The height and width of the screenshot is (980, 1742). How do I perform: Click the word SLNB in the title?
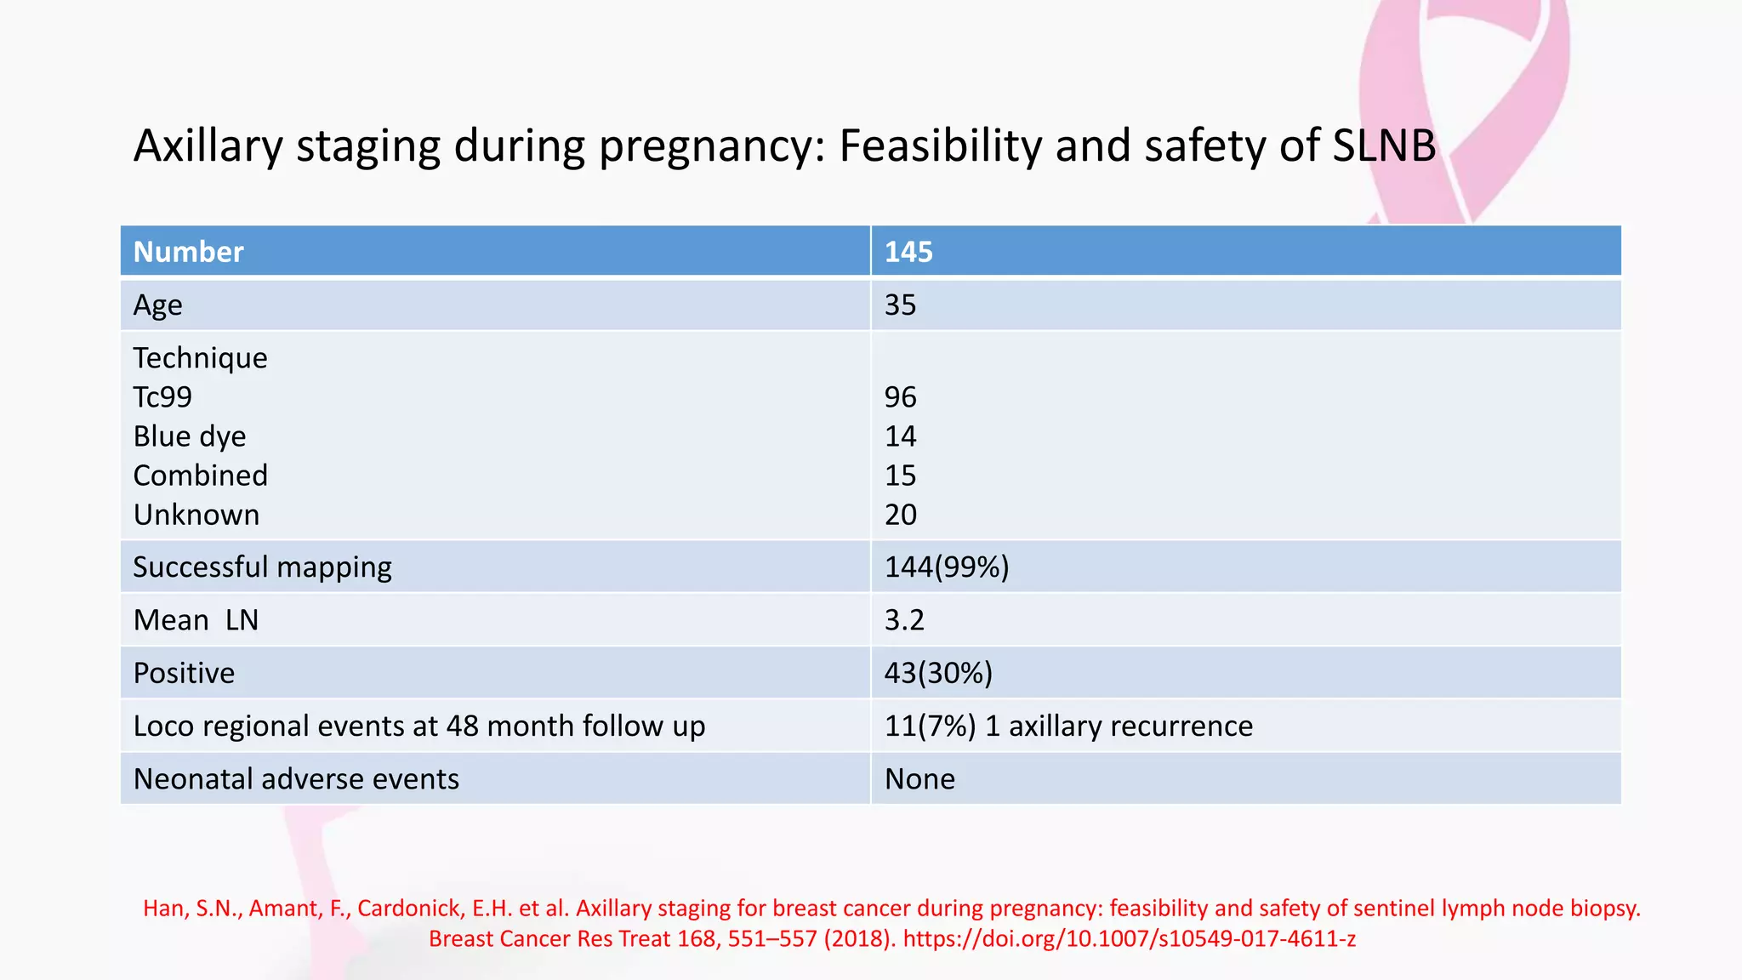click(1384, 145)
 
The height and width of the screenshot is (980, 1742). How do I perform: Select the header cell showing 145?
click(908, 252)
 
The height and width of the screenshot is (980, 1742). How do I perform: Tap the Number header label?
click(188, 252)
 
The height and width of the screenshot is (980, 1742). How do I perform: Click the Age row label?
click(157, 305)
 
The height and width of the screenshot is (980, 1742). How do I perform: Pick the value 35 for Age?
click(900, 305)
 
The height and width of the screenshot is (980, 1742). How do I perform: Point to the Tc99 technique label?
click(162, 397)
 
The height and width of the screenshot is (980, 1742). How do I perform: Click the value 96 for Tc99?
click(900, 397)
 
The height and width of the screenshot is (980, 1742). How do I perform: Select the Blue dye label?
click(189, 436)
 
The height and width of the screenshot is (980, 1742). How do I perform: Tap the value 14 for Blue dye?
click(900, 436)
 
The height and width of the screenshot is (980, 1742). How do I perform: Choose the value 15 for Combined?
click(900, 476)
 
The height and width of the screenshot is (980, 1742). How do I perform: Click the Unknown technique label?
click(196, 515)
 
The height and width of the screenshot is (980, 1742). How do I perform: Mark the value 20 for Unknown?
click(900, 515)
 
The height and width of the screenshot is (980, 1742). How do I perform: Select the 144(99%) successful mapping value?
click(946, 567)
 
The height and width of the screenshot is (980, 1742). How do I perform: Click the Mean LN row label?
click(196, 620)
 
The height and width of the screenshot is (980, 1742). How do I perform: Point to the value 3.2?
click(903, 620)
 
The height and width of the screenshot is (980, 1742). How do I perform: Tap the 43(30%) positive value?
click(937, 673)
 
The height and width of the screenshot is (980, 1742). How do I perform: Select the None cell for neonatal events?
click(919, 779)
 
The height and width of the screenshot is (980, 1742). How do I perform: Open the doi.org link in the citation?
click(1129, 939)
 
